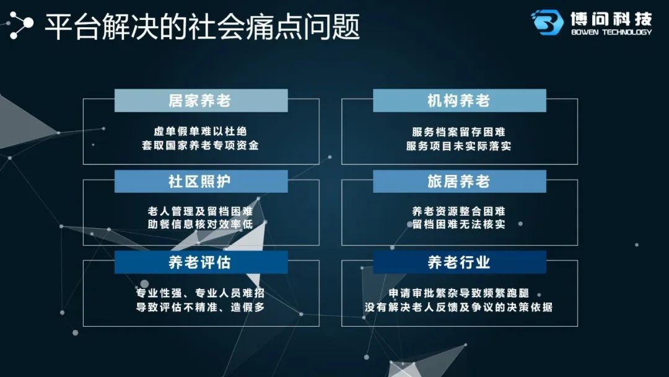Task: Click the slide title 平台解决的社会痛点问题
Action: pyautogui.click(x=202, y=27)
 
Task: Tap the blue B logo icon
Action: pyautogui.click(x=547, y=22)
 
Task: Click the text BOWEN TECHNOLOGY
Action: pyautogui.click(x=611, y=32)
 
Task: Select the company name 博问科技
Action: pyautogui.click(x=611, y=19)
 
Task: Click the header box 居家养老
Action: pyautogui.click(x=201, y=101)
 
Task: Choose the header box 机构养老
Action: pyautogui.click(x=460, y=101)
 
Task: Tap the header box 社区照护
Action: pyautogui.click(x=201, y=182)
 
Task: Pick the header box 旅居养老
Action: pyautogui.click(x=460, y=182)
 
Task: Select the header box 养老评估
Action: pyautogui.click(x=201, y=262)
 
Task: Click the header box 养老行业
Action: pyautogui.click(x=460, y=262)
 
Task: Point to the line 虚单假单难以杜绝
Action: pyautogui.click(x=200, y=131)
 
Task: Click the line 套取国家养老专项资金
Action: pyautogui.click(x=200, y=146)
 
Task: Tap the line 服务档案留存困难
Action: pyautogui.click(x=458, y=131)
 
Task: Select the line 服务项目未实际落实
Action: pyautogui.click(x=458, y=146)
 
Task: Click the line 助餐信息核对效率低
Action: pyautogui.click(x=200, y=224)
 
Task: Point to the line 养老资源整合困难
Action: pyautogui.click(x=458, y=211)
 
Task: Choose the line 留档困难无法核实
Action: pyautogui.click(x=458, y=224)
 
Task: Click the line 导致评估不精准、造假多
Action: pyautogui.click(x=200, y=307)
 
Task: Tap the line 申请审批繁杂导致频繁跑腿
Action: pyautogui.click(x=458, y=293)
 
